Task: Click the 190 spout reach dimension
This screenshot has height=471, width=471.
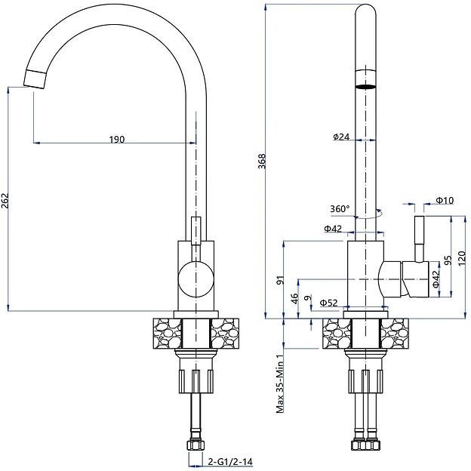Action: tap(116, 139)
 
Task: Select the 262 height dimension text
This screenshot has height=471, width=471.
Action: tap(6, 200)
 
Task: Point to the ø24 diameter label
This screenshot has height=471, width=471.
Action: tap(340, 137)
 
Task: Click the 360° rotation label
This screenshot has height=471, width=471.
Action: tap(340, 209)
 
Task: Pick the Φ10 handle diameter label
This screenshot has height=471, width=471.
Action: tap(444, 201)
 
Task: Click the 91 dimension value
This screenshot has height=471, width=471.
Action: tap(281, 281)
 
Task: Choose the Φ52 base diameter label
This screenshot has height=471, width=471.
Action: tap(328, 303)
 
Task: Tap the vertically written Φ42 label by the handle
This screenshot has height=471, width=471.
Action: tap(436, 279)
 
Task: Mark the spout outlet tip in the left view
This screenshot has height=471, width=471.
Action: tap(36, 78)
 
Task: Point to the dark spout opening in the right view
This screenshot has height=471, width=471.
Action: tap(365, 86)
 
